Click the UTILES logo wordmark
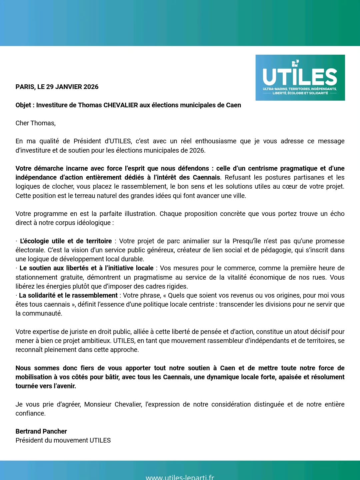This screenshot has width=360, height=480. coord(300,77)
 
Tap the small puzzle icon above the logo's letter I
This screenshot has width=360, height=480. coord(295,63)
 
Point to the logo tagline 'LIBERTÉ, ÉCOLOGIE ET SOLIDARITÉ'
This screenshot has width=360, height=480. coord(300,93)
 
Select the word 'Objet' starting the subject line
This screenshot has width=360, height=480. coord(23,105)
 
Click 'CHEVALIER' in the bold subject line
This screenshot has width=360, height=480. coord(121,105)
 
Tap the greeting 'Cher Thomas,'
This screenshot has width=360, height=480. coord(35,123)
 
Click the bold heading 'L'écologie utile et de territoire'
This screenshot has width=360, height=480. coord(66,241)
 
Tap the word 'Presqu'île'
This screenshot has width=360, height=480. coord(246,241)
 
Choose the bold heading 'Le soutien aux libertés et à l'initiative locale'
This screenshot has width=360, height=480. coord(86,268)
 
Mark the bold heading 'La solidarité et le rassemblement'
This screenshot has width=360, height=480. coord(68,295)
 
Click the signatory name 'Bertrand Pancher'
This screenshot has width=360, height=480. coord(41,431)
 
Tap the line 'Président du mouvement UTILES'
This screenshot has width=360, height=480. coord(63,440)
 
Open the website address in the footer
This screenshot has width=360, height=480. coord(180,477)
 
